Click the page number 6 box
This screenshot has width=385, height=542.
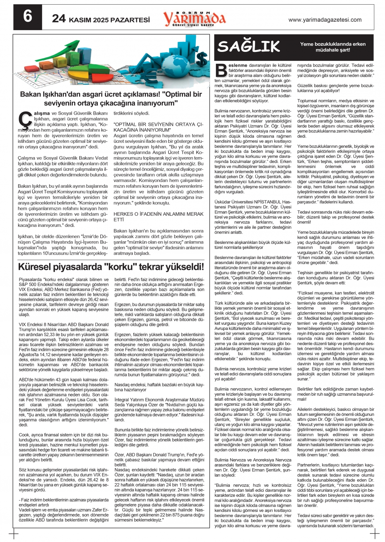(x=27, y=17)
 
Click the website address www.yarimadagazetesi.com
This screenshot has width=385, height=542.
(x=325, y=20)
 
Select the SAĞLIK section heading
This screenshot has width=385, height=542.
(x=248, y=47)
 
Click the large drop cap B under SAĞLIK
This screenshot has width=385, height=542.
(x=221, y=70)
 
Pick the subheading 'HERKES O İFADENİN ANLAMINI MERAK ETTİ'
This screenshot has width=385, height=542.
(x=158, y=216)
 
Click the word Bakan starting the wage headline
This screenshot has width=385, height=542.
(x=31, y=94)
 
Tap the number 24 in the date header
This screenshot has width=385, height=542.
(x=59, y=18)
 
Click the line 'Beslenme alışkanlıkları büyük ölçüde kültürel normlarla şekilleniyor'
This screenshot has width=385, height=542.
(x=253, y=245)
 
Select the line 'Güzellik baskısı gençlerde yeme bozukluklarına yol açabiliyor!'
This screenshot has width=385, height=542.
(x=335, y=88)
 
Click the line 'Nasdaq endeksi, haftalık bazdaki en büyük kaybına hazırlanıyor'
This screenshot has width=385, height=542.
(x=159, y=387)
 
